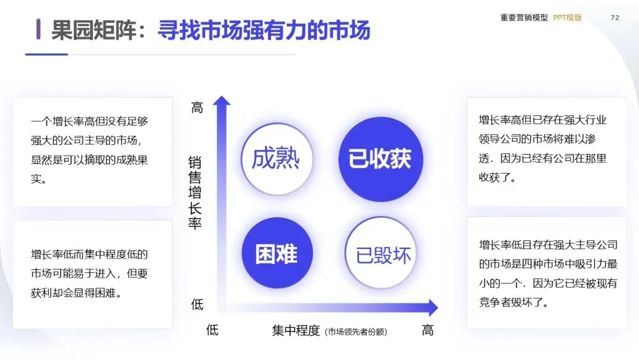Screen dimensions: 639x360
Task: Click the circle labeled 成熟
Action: [x=276, y=159]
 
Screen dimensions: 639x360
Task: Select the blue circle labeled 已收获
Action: [x=380, y=159]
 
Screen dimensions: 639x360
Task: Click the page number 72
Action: [x=615, y=18]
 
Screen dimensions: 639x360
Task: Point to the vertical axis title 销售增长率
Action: [x=195, y=192]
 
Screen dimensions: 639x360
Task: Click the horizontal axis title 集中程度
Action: [x=296, y=330]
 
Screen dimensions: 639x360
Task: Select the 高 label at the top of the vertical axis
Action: [x=197, y=108]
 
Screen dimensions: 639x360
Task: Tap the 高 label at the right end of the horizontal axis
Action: [x=428, y=330]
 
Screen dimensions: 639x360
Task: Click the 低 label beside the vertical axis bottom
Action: [x=197, y=305]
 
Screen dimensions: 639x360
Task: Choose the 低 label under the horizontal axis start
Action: [x=212, y=330]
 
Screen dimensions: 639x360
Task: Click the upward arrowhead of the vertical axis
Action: [x=222, y=101]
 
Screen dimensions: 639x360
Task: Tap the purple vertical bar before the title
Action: [x=38, y=29]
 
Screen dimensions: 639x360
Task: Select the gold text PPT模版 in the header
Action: [x=567, y=18]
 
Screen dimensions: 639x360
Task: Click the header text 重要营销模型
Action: [x=524, y=18]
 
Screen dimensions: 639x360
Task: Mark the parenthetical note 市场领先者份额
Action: [x=356, y=332]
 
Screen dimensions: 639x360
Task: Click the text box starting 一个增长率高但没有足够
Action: [x=93, y=151]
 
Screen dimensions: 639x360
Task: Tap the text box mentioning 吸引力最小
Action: [x=546, y=272]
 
